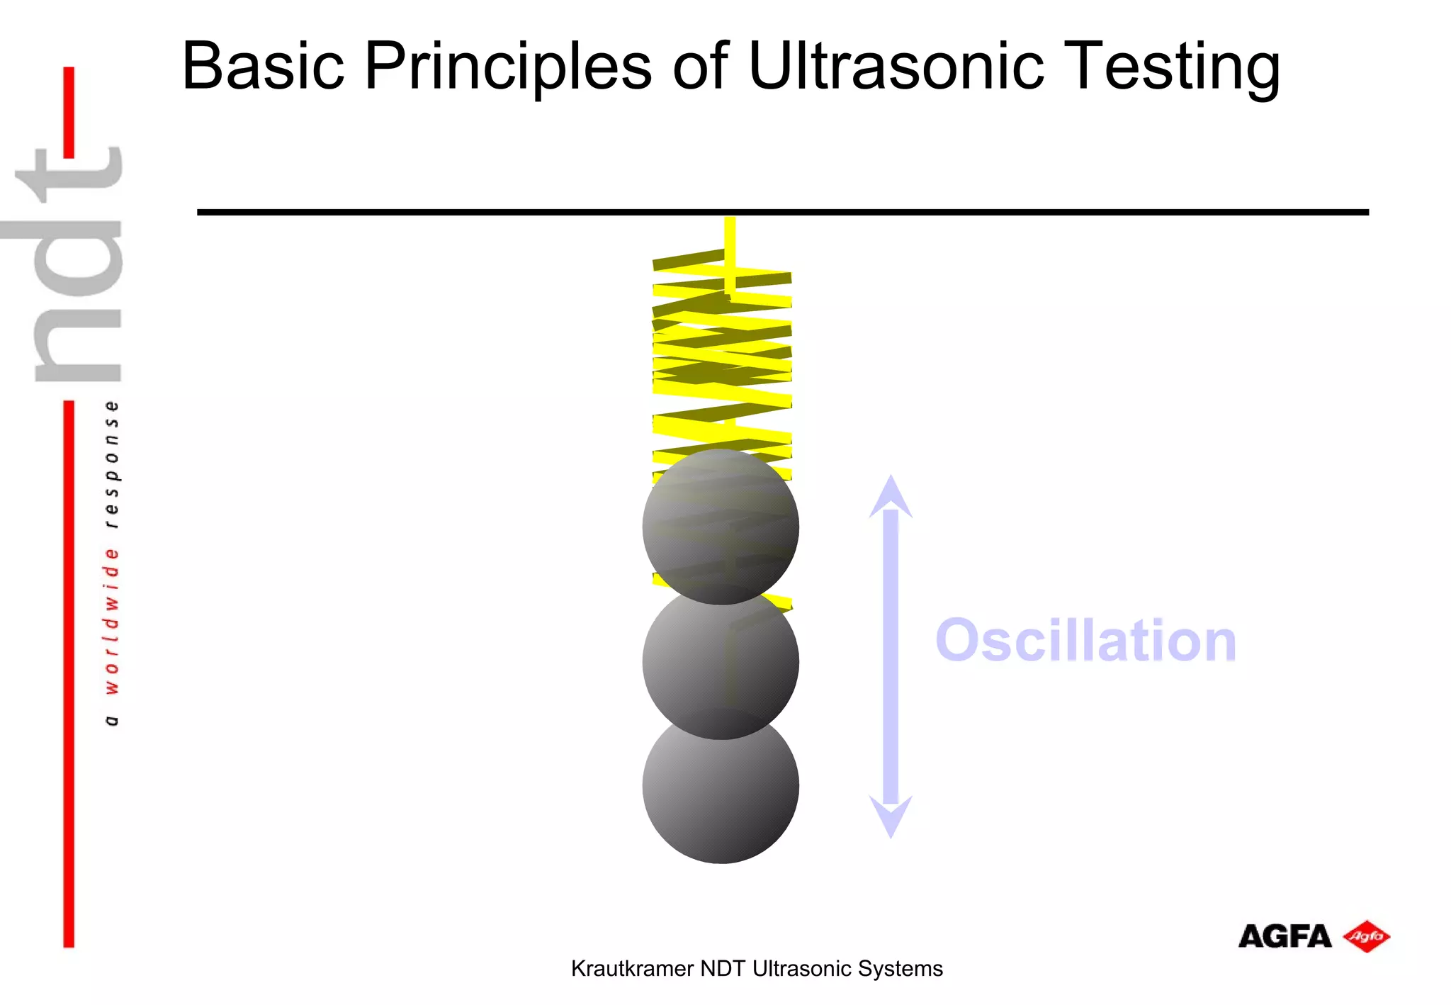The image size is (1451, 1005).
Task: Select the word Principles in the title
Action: [507, 67]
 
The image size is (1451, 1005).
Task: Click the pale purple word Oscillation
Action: [1085, 641]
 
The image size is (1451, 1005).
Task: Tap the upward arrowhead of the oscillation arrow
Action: [891, 496]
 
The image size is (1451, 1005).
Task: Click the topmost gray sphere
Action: [721, 526]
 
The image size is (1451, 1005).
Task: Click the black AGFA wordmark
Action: [1285, 937]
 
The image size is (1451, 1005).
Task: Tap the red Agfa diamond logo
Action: [1367, 936]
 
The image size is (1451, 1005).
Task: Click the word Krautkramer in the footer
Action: [631, 968]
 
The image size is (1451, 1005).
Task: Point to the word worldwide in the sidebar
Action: [111, 620]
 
